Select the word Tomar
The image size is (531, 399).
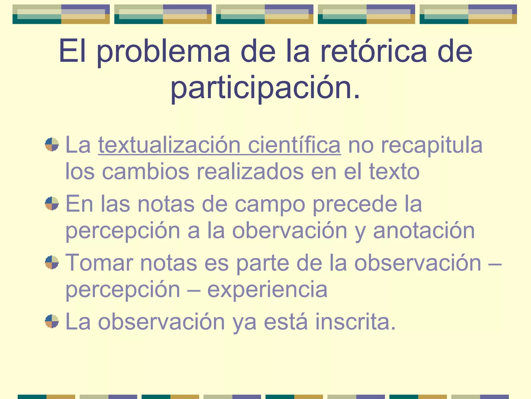pos(99,263)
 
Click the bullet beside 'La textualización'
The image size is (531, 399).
pos(52,144)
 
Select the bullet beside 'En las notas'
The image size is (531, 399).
pos(52,203)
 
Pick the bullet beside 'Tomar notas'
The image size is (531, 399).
pos(52,262)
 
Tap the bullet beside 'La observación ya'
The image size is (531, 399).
pos(52,321)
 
